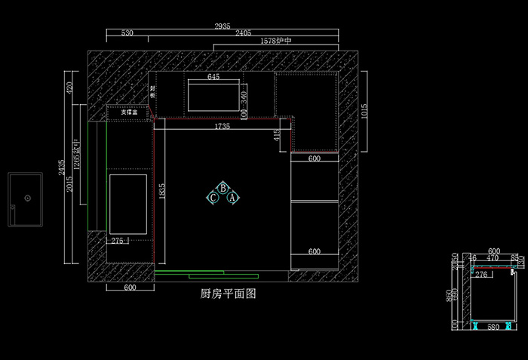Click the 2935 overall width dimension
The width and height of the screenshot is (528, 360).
coord(222,26)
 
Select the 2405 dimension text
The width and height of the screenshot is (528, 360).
coord(244,33)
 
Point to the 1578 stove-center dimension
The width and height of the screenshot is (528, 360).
coord(275,41)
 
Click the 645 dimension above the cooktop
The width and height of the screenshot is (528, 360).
coord(213,77)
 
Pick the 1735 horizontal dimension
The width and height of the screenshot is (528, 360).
coord(222,127)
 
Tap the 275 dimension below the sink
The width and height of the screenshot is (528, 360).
coord(118,241)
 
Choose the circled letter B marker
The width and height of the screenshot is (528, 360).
coord(223,188)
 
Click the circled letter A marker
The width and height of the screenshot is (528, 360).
coord(233,198)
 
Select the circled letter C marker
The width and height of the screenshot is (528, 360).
coord(213,198)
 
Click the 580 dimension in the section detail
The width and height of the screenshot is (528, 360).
coord(493,327)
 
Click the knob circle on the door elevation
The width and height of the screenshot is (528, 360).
coord(27,198)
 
